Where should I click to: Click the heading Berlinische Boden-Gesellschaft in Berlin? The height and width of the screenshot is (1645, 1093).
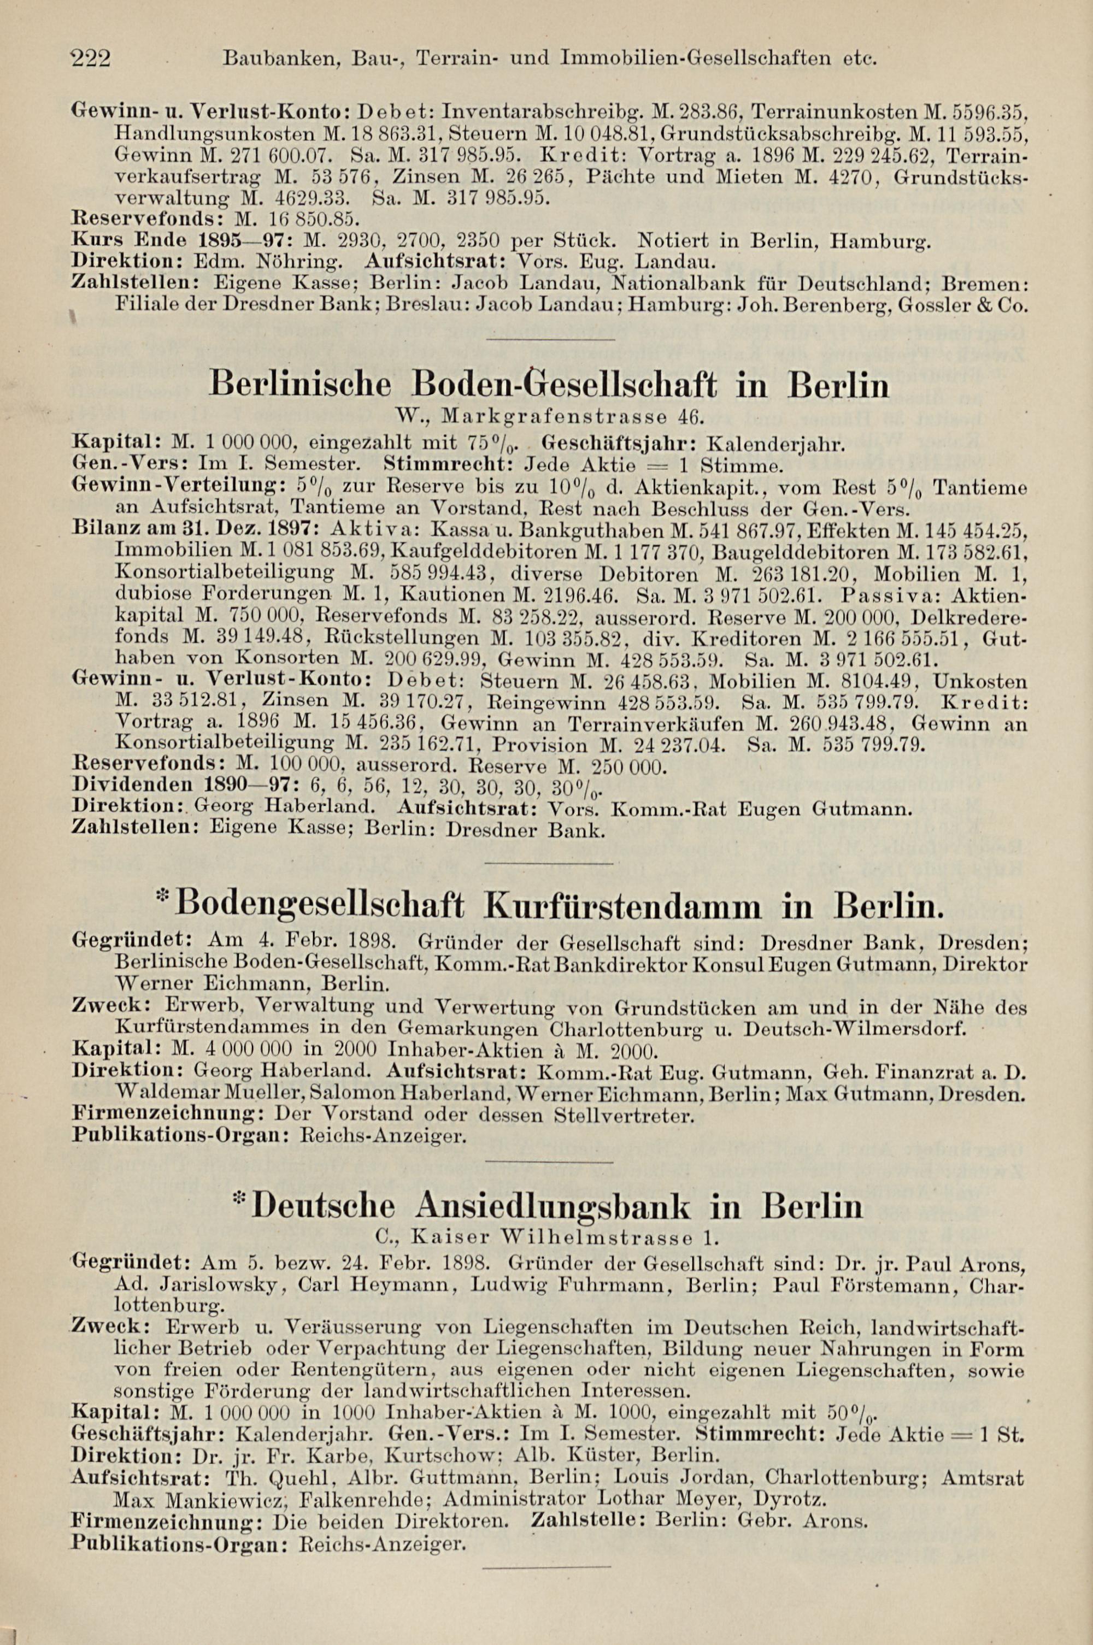(549, 385)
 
